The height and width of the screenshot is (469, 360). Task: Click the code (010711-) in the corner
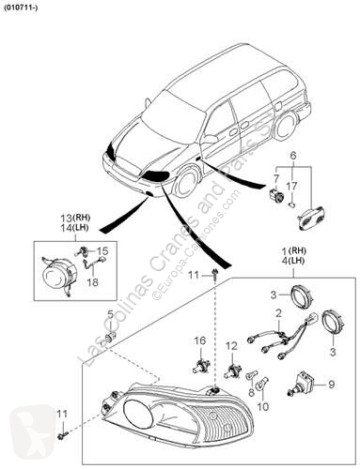coord(21,7)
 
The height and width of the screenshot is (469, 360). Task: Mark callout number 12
coord(231,346)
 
